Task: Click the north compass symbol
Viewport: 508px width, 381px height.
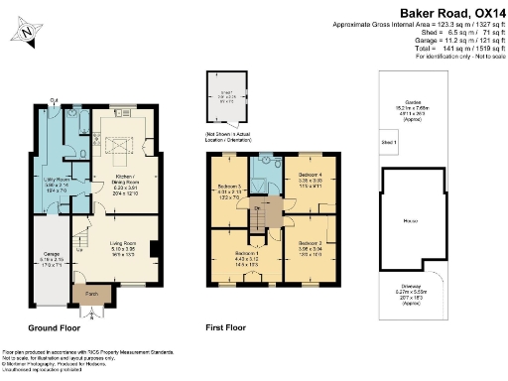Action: pyautogui.click(x=25, y=37)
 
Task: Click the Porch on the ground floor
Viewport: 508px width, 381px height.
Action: pyautogui.click(x=90, y=295)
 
